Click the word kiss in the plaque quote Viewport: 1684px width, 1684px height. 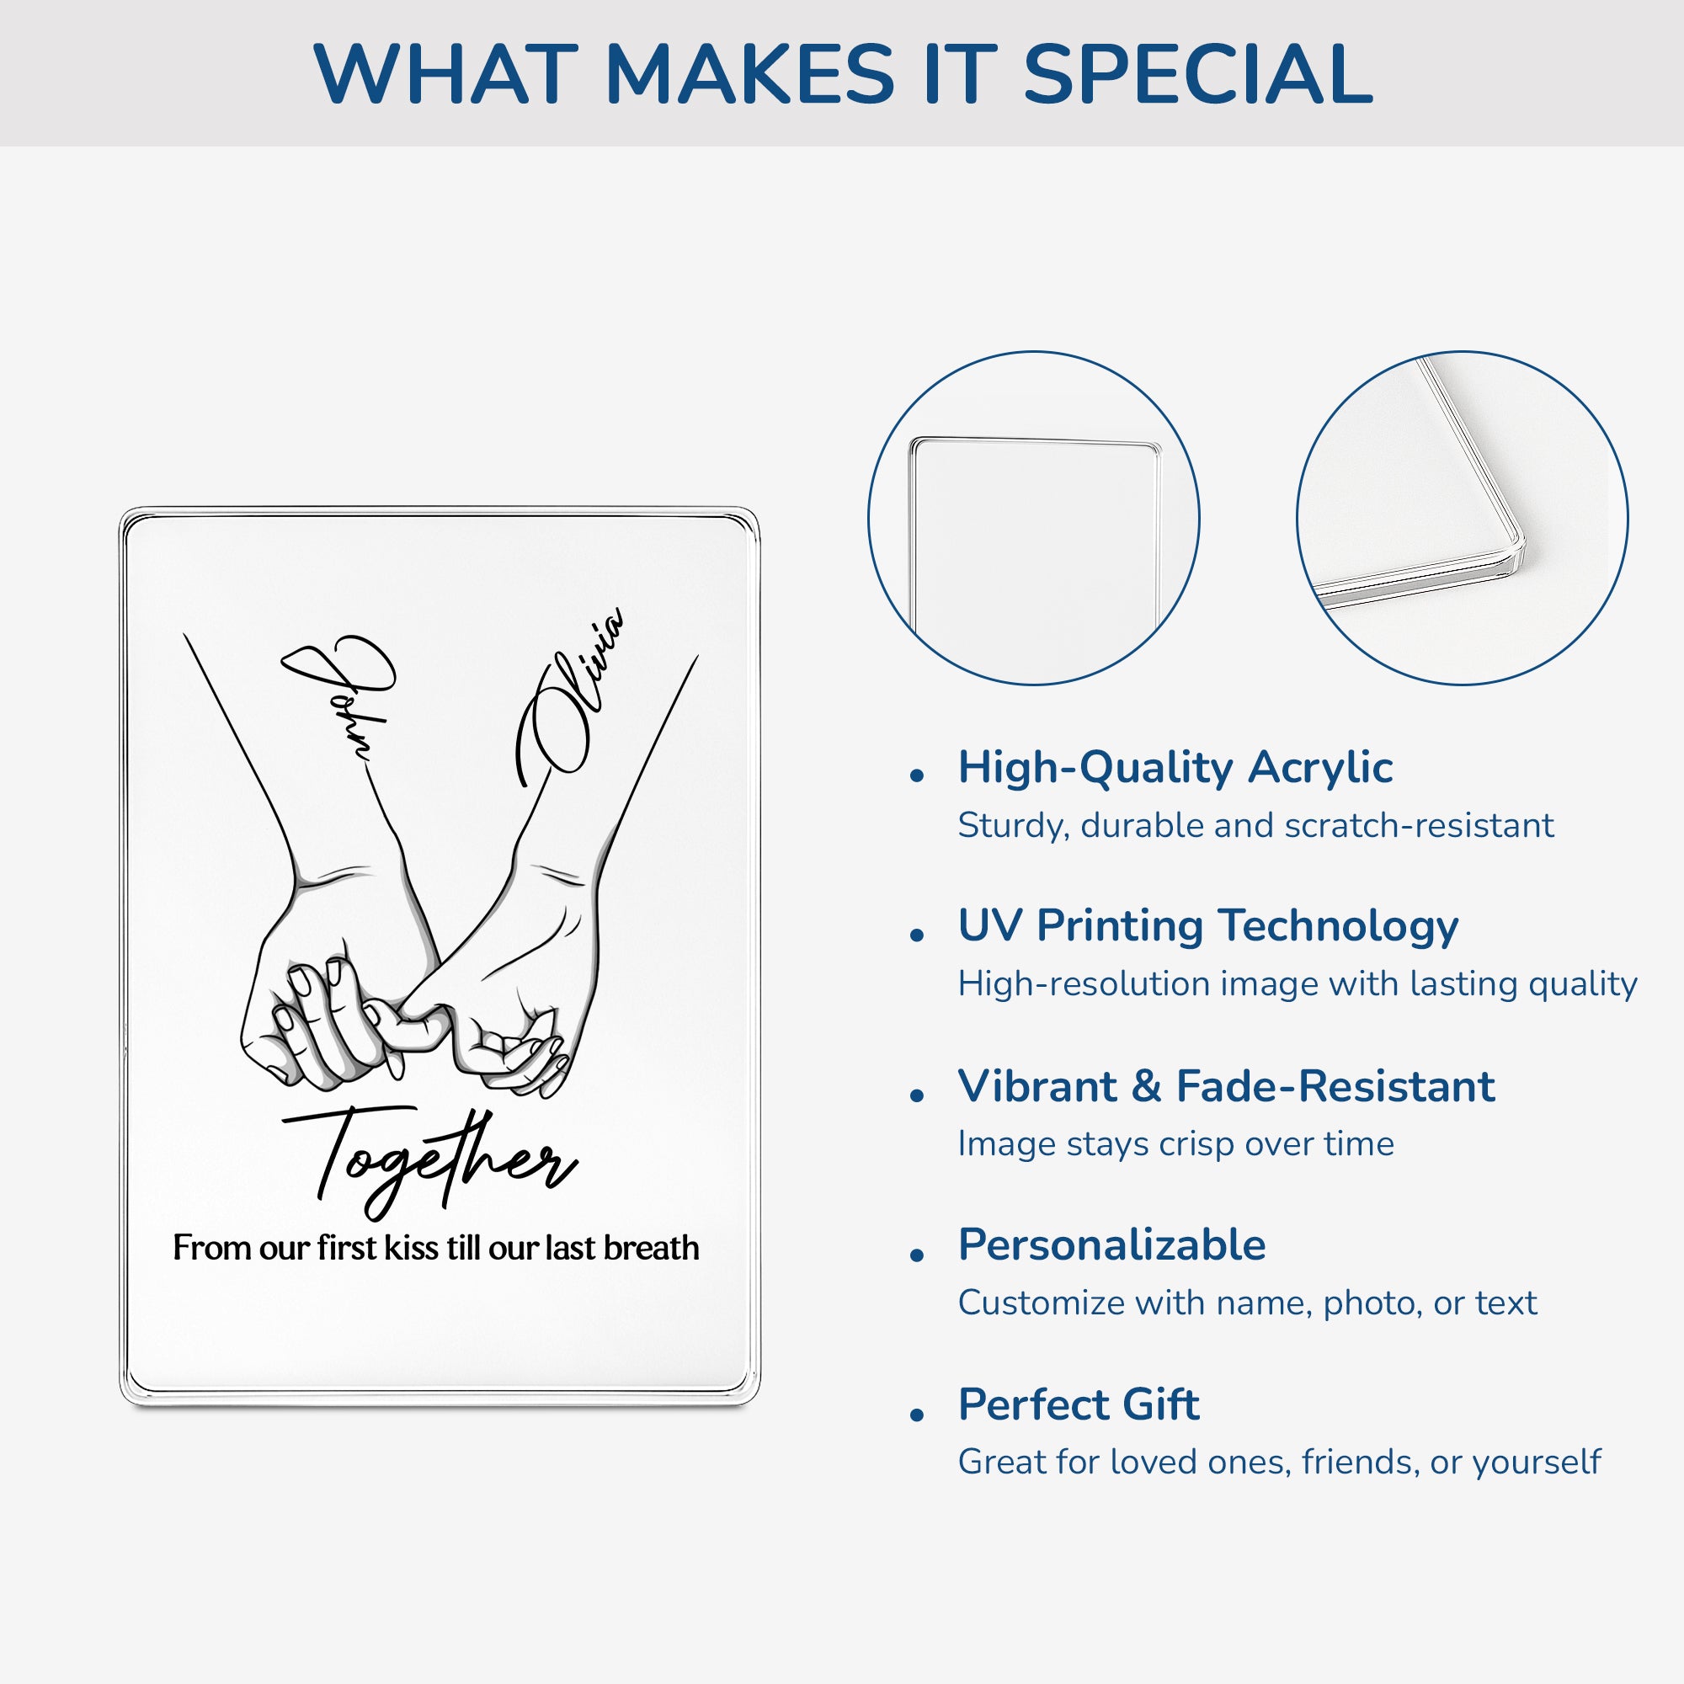point(412,1248)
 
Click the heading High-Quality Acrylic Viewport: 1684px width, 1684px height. point(1175,768)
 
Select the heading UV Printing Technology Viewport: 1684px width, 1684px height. point(1208,925)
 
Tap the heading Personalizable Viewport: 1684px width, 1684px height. point(1111,1244)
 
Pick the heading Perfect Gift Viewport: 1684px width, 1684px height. point(1079,1404)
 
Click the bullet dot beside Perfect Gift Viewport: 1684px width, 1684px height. point(916,1415)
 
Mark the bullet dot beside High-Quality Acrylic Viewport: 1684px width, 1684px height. point(916,775)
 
